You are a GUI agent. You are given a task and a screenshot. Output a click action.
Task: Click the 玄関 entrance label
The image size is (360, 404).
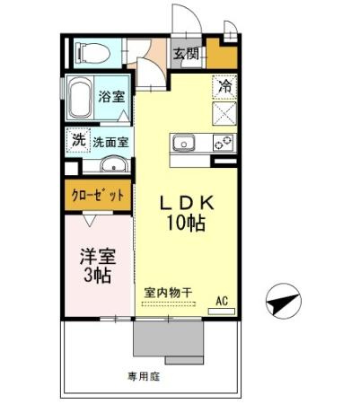click(187, 53)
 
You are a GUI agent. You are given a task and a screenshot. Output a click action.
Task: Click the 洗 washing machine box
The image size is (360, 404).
click(78, 140)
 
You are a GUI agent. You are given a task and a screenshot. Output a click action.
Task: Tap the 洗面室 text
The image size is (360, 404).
click(111, 141)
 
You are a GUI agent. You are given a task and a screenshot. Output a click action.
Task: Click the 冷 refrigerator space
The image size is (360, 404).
click(224, 87)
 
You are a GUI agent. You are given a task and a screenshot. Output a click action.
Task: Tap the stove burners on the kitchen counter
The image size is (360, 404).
click(221, 142)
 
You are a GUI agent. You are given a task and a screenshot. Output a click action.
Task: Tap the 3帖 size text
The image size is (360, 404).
click(93, 275)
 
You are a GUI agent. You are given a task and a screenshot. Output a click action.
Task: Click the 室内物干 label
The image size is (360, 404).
click(168, 292)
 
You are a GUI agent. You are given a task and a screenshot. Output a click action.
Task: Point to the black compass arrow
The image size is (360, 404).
click(282, 304)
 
